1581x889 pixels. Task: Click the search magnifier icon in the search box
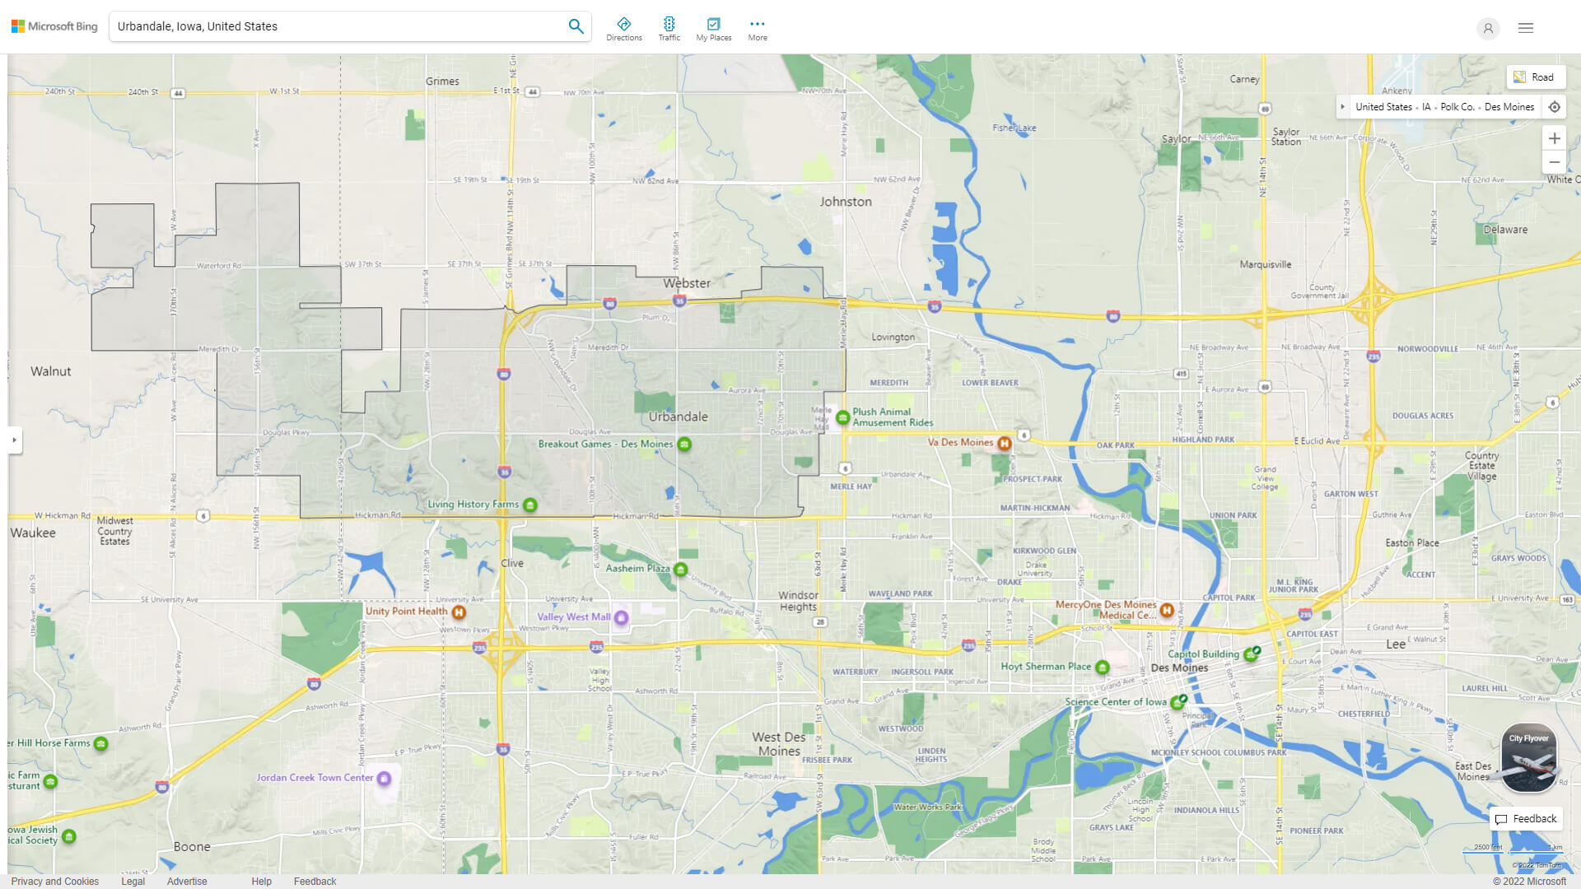[576, 26]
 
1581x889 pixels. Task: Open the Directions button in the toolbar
[623, 29]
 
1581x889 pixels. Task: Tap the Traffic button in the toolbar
[669, 29]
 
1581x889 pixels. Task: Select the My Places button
[713, 29]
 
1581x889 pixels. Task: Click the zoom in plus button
[1554, 138]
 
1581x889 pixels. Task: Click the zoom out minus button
[1554, 162]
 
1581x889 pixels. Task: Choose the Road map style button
[1535, 77]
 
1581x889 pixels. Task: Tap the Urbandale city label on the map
[678, 417]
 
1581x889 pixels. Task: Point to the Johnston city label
[845, 202]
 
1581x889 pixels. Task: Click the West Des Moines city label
[778, 744]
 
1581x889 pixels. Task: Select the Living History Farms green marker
[530, 505]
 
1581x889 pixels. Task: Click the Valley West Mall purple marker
[622, 617]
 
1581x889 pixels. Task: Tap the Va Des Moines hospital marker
[1005, 444]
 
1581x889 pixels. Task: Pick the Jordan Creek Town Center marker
[384, 779]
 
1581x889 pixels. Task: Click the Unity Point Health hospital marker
[459, 612]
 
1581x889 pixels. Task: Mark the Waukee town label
[33, 533]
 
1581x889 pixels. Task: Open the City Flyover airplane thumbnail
[1528, 758]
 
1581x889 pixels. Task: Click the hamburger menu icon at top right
[1526, 28]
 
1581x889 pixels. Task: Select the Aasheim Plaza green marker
[680, 570]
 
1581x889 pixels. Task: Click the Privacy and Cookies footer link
[55, 882]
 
